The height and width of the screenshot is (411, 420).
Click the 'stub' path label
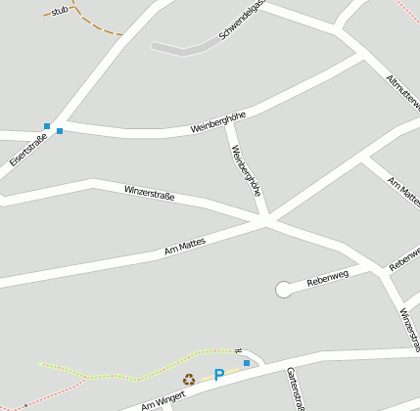click(60, 11)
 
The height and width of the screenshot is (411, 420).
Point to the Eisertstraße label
click(27, 149)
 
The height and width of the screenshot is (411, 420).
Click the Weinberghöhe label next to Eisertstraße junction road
click(217, 122)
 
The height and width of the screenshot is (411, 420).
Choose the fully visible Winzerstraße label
click(149, 193)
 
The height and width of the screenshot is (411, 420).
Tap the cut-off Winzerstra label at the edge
click(410, 331)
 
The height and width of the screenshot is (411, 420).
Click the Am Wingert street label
click(163, 397)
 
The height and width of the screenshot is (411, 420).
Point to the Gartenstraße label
click(297, 389)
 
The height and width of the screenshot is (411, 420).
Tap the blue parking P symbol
click(219, 375)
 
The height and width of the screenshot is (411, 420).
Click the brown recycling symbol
click(188, 380)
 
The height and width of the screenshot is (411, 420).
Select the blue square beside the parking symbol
click(247, 363)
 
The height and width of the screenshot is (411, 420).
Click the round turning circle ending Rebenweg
click(284, 289)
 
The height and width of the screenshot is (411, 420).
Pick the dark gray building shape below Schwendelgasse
click(186, 45)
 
